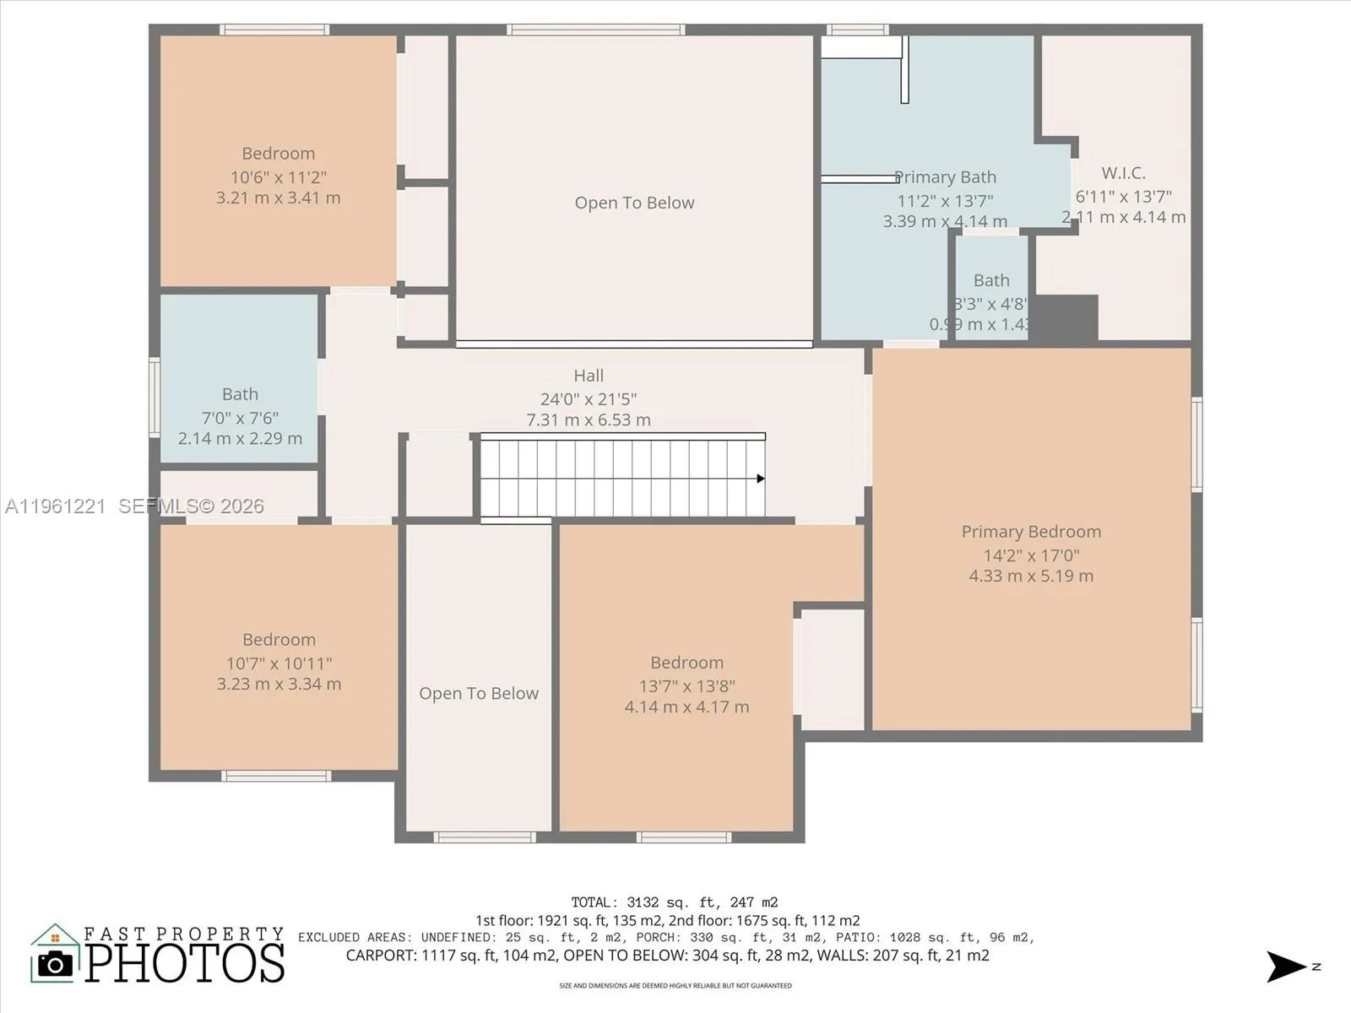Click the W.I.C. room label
click(x=1123, y=173)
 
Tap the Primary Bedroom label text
click(x=1031, y=532)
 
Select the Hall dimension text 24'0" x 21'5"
click(x=589, y=399)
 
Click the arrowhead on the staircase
click(x=760, y=479)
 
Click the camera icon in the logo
click(x=56, y=963)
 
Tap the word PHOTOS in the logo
click(x=185, y=963)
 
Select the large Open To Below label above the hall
click(x=634, y=203)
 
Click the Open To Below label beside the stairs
click(x=479, y=694)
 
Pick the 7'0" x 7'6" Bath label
click(x=240, y=417)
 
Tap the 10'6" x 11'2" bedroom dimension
click(x=279, y=177)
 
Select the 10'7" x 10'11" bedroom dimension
click(x=279, y=664)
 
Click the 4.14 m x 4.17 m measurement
click(x=686, y=707)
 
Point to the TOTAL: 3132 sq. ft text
click(x=674, y=902)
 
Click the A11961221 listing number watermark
click(x=55, y=506)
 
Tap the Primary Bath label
click(x=946, y=177)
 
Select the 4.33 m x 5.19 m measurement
click(x=1031, y=577)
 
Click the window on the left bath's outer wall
click(x=155, y=397)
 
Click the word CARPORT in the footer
click(x=380, y=956)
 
